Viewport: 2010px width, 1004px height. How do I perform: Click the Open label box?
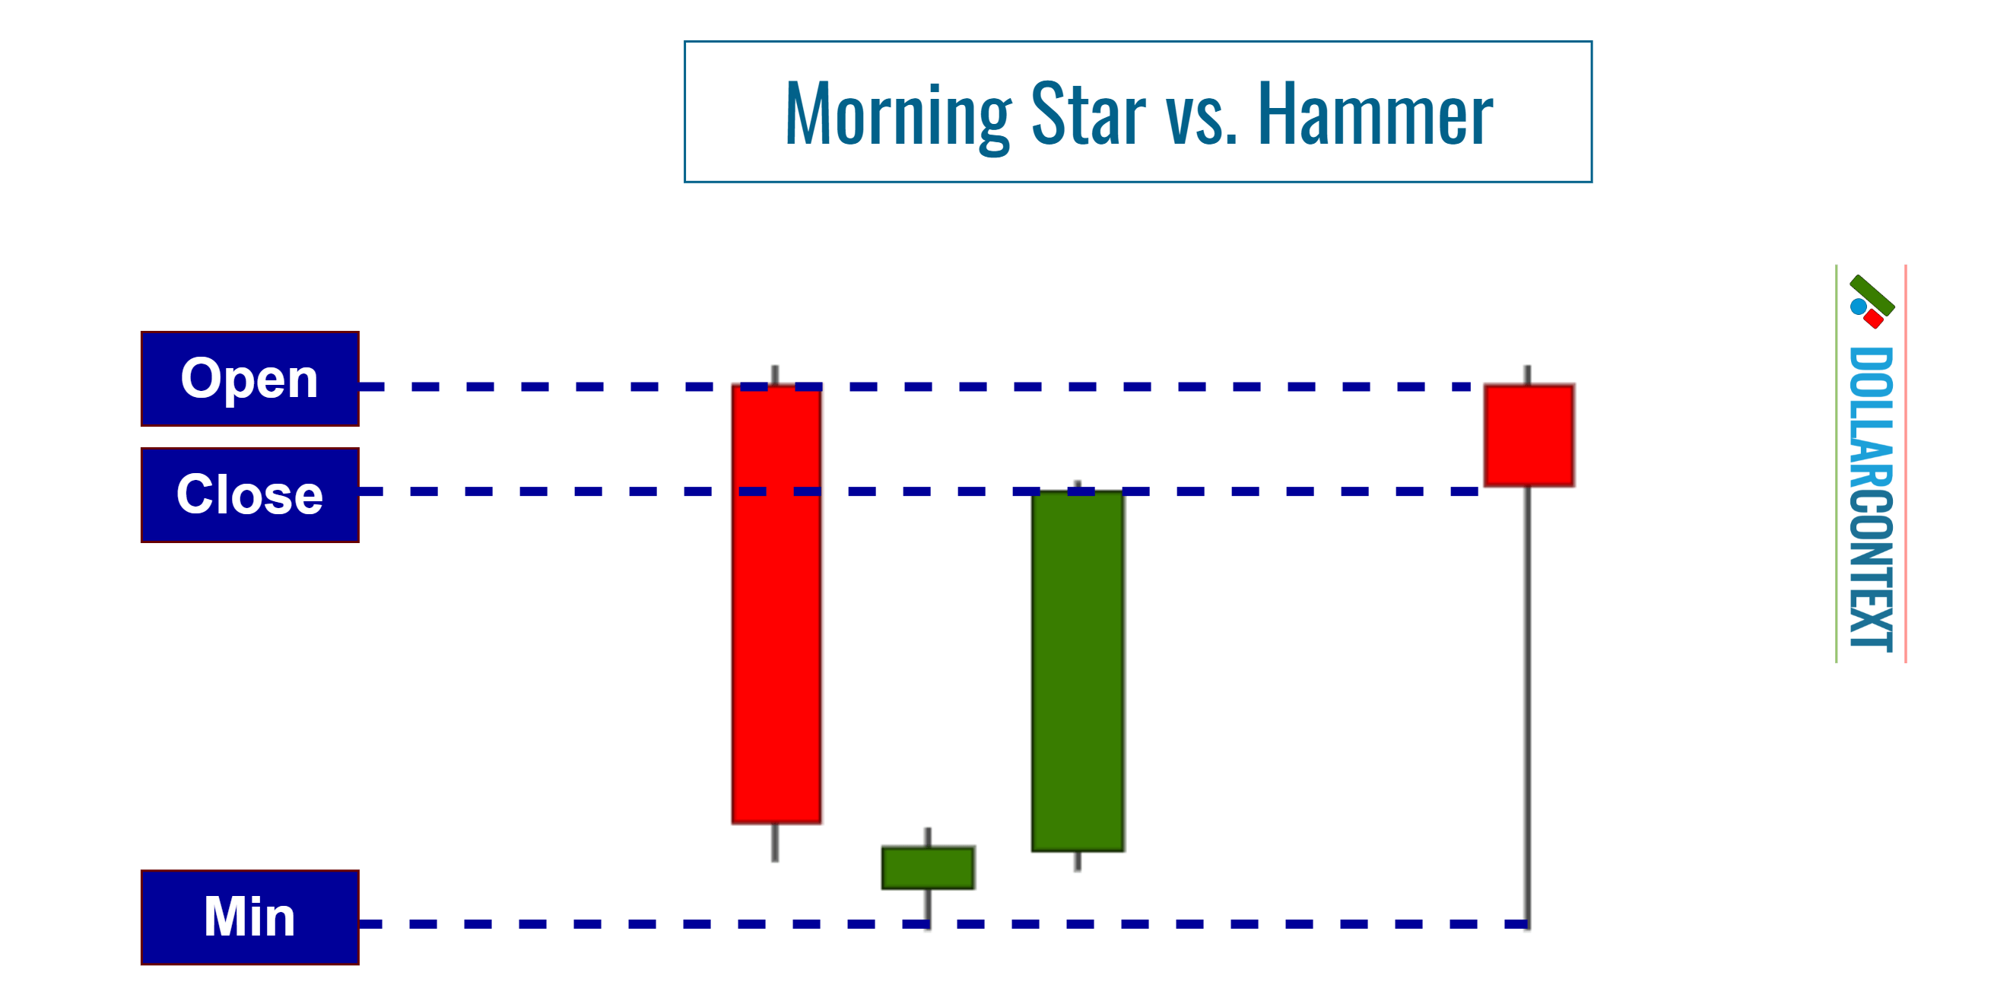(249, 379)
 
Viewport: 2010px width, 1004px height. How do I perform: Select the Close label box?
(249, 494)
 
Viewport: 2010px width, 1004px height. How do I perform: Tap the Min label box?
(249, 917)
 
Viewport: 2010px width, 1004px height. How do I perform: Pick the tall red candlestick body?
(776, 605)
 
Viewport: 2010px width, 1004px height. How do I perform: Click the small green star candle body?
(928, 868)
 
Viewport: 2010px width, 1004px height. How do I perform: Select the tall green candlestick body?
(1078, 671)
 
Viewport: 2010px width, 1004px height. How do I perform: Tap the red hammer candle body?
(1529, 435)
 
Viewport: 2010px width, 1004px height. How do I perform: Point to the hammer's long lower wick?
(1528, 702)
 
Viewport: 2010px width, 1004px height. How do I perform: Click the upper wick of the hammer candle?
(1528, 374)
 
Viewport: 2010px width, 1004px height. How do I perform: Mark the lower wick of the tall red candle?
(775, 843)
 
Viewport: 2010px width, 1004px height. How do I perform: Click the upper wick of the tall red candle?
(775, 373)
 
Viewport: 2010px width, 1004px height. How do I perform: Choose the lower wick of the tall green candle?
(1078, 861)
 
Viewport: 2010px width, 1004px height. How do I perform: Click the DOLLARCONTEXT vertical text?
(1870, 499)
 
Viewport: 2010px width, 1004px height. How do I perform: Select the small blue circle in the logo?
(1859, 305)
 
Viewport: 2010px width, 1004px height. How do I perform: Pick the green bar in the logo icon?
(1872, 295)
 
